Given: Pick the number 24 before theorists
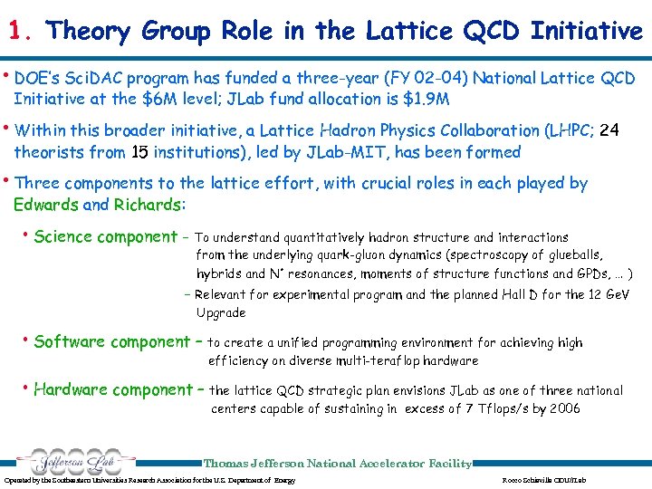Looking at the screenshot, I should (x=609, y=130).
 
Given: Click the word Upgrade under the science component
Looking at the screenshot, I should (x=220, y=312).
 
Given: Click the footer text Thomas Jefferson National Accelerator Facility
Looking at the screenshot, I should (x=338, y=464).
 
